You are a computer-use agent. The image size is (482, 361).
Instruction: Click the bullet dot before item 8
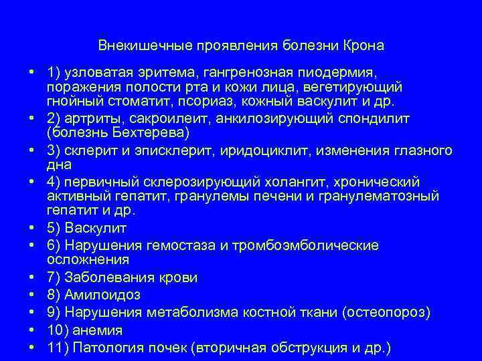point(32,295)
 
